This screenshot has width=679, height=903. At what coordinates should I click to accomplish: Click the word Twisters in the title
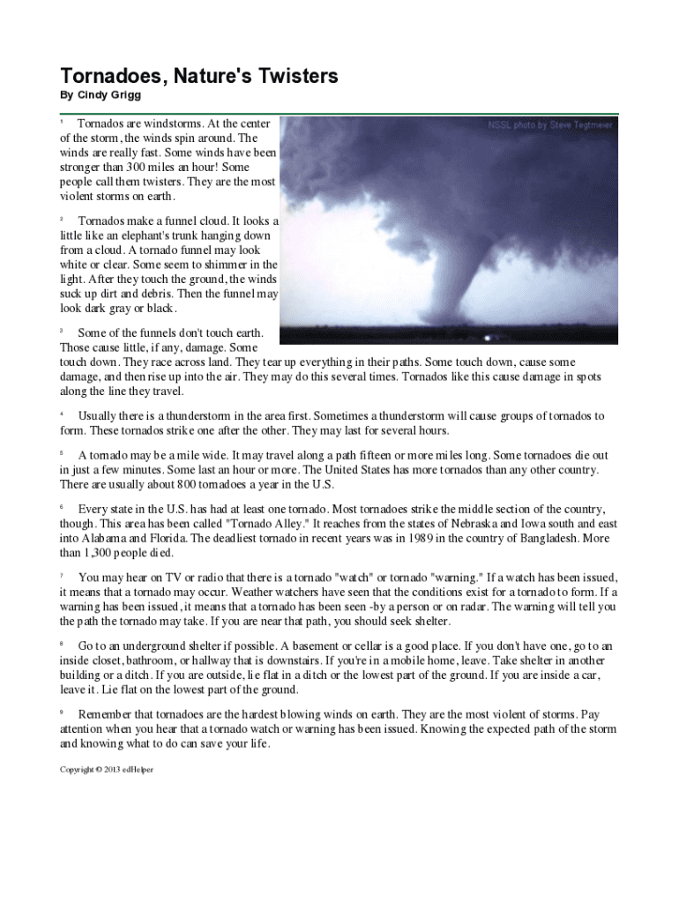coord(292,77)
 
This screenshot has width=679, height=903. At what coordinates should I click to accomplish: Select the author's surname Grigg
coord(126,95)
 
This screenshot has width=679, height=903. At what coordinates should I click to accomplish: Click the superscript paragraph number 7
coord(61,576)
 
